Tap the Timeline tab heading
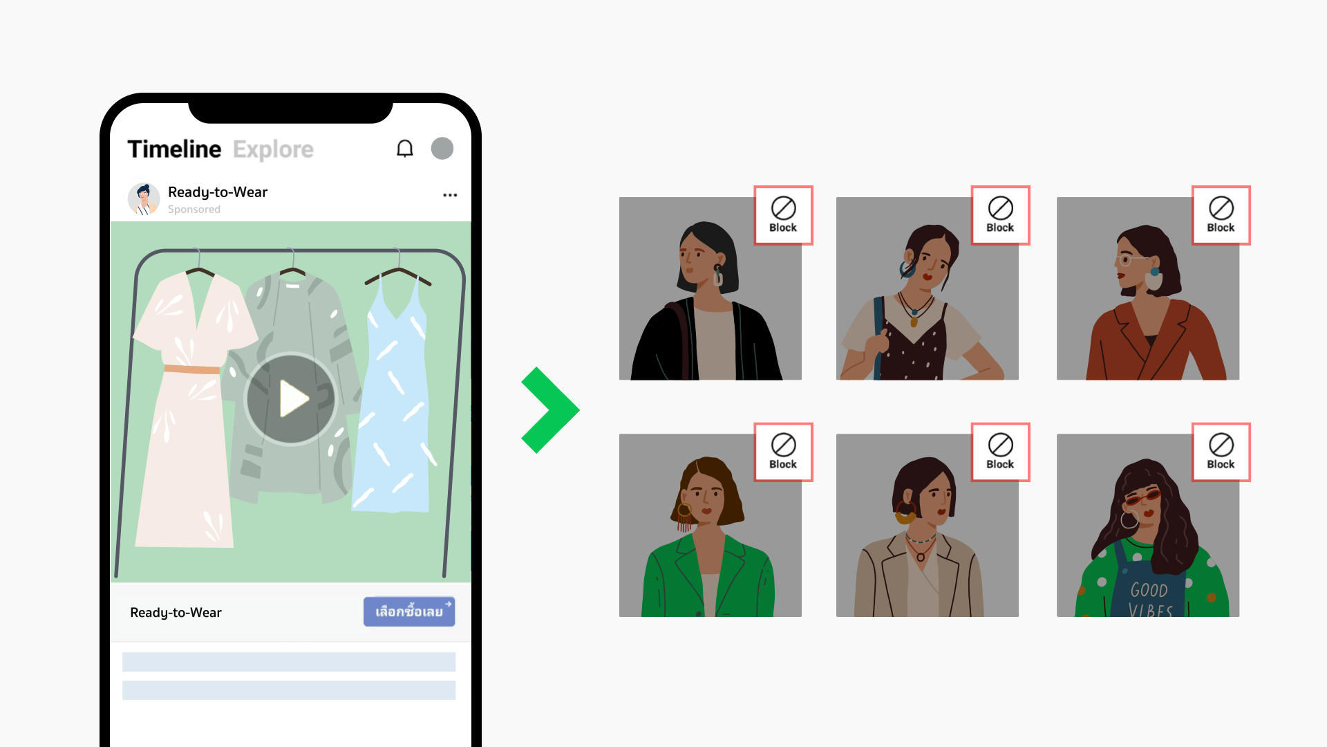click(x=174, y=149)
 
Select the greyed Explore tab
click(x=273, y=149)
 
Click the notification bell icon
click(x=405, y=149)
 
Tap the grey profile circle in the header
click(x=442, y=148)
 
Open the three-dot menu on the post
click(x=450, y=195)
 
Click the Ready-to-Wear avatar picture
click(x=144, y=199)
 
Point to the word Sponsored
click(x=194, y=210)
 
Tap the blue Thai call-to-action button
click(x=409, y=611)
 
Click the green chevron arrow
click(x=551, y=410)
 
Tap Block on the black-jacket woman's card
click(x=783, y=215)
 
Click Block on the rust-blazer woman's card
click(x=1221, y=215)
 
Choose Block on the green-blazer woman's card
click(x=783, y=452)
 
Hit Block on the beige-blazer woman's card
click(x=1000, y=452)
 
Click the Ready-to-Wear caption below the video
click(x=176, y=613)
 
